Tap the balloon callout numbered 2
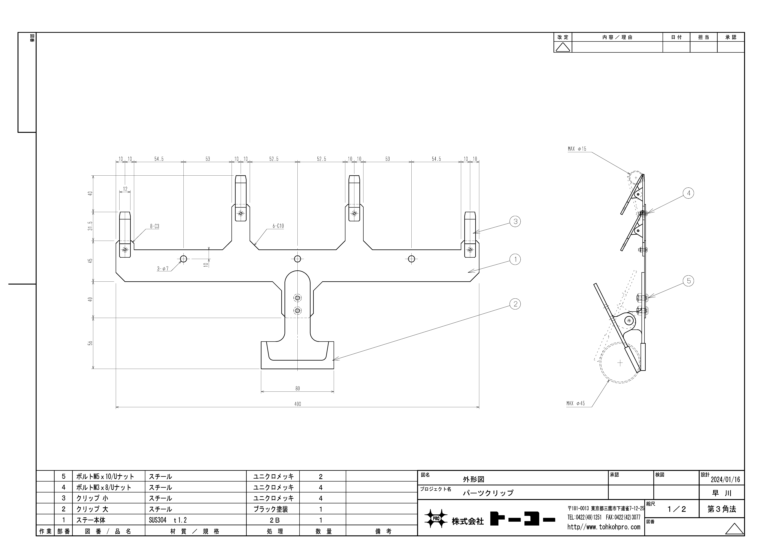pos(515,304)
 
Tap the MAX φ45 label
pos(576,403)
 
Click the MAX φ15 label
pos(577,149)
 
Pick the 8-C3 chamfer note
pos(155,226)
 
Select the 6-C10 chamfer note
pos(278,226)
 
